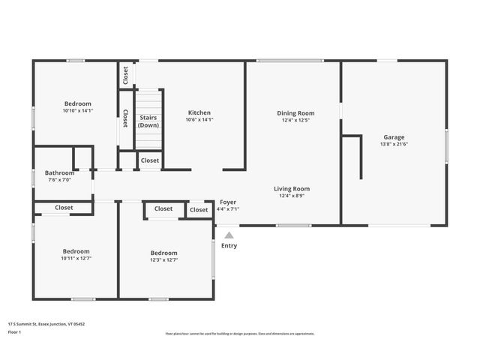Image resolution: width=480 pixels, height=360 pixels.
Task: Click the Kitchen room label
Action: (199, 112)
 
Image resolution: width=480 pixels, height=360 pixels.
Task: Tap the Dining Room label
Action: (295, 112)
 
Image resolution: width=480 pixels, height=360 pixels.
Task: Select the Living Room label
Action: (291, 189)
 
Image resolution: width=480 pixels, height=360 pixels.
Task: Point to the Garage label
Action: (394, 137)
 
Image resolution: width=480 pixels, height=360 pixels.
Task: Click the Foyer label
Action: (228, 202)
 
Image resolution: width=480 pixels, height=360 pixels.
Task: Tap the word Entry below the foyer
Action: (229, 245)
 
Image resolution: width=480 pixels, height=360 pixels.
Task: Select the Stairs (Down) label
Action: (148, 121)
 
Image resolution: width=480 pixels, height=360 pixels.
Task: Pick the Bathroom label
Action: (58, 172)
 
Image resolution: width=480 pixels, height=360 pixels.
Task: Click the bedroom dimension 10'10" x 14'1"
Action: (77, 111)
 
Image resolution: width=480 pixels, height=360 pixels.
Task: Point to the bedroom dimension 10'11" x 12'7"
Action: (76, 259)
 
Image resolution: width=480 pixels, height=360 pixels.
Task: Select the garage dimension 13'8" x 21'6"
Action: (394, 144)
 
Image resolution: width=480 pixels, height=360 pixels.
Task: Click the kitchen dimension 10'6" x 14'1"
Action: (199, 119)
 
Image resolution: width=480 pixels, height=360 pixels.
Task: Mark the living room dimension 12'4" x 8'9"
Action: (291, 196)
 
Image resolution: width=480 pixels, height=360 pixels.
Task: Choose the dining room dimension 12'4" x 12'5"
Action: (295, 120)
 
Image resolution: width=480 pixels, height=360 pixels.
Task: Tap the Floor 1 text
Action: (14, 331)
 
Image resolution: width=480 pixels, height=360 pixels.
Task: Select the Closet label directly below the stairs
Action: (149, 160)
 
